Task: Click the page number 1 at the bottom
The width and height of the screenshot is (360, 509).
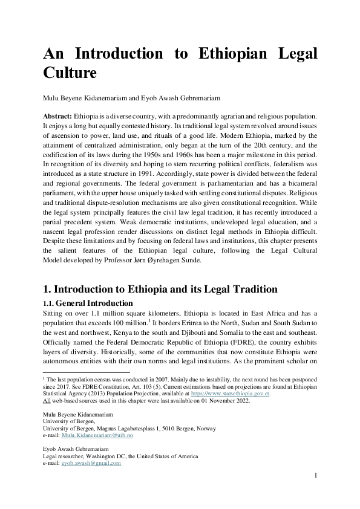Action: point(315,476)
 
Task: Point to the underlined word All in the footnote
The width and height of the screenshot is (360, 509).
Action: point(47,400)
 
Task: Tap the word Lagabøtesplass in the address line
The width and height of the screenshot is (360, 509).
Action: point(142,429)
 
